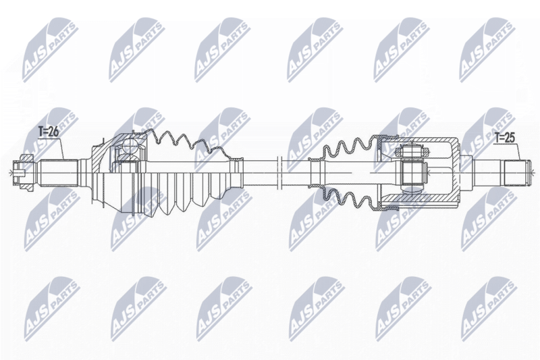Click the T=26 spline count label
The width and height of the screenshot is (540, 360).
pyautogui.click(x=49, y=133)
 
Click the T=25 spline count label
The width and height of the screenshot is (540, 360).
pyautogui.click(x=504, y=138)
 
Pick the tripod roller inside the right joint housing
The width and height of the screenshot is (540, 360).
pyautogui.click(x=411, y=169)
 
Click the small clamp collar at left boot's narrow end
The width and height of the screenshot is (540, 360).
pyautogui.click(x=236, y=169)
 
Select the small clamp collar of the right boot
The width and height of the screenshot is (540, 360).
pyautogui.click(x=315, y=169)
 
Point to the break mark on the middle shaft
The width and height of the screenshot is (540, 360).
pyautogui.click(x=278, y=169)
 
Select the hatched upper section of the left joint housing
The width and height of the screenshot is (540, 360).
pyautogui.click(x=108, y=145)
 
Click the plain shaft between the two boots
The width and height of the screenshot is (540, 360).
pyautogui.click(x=260, y=169)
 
